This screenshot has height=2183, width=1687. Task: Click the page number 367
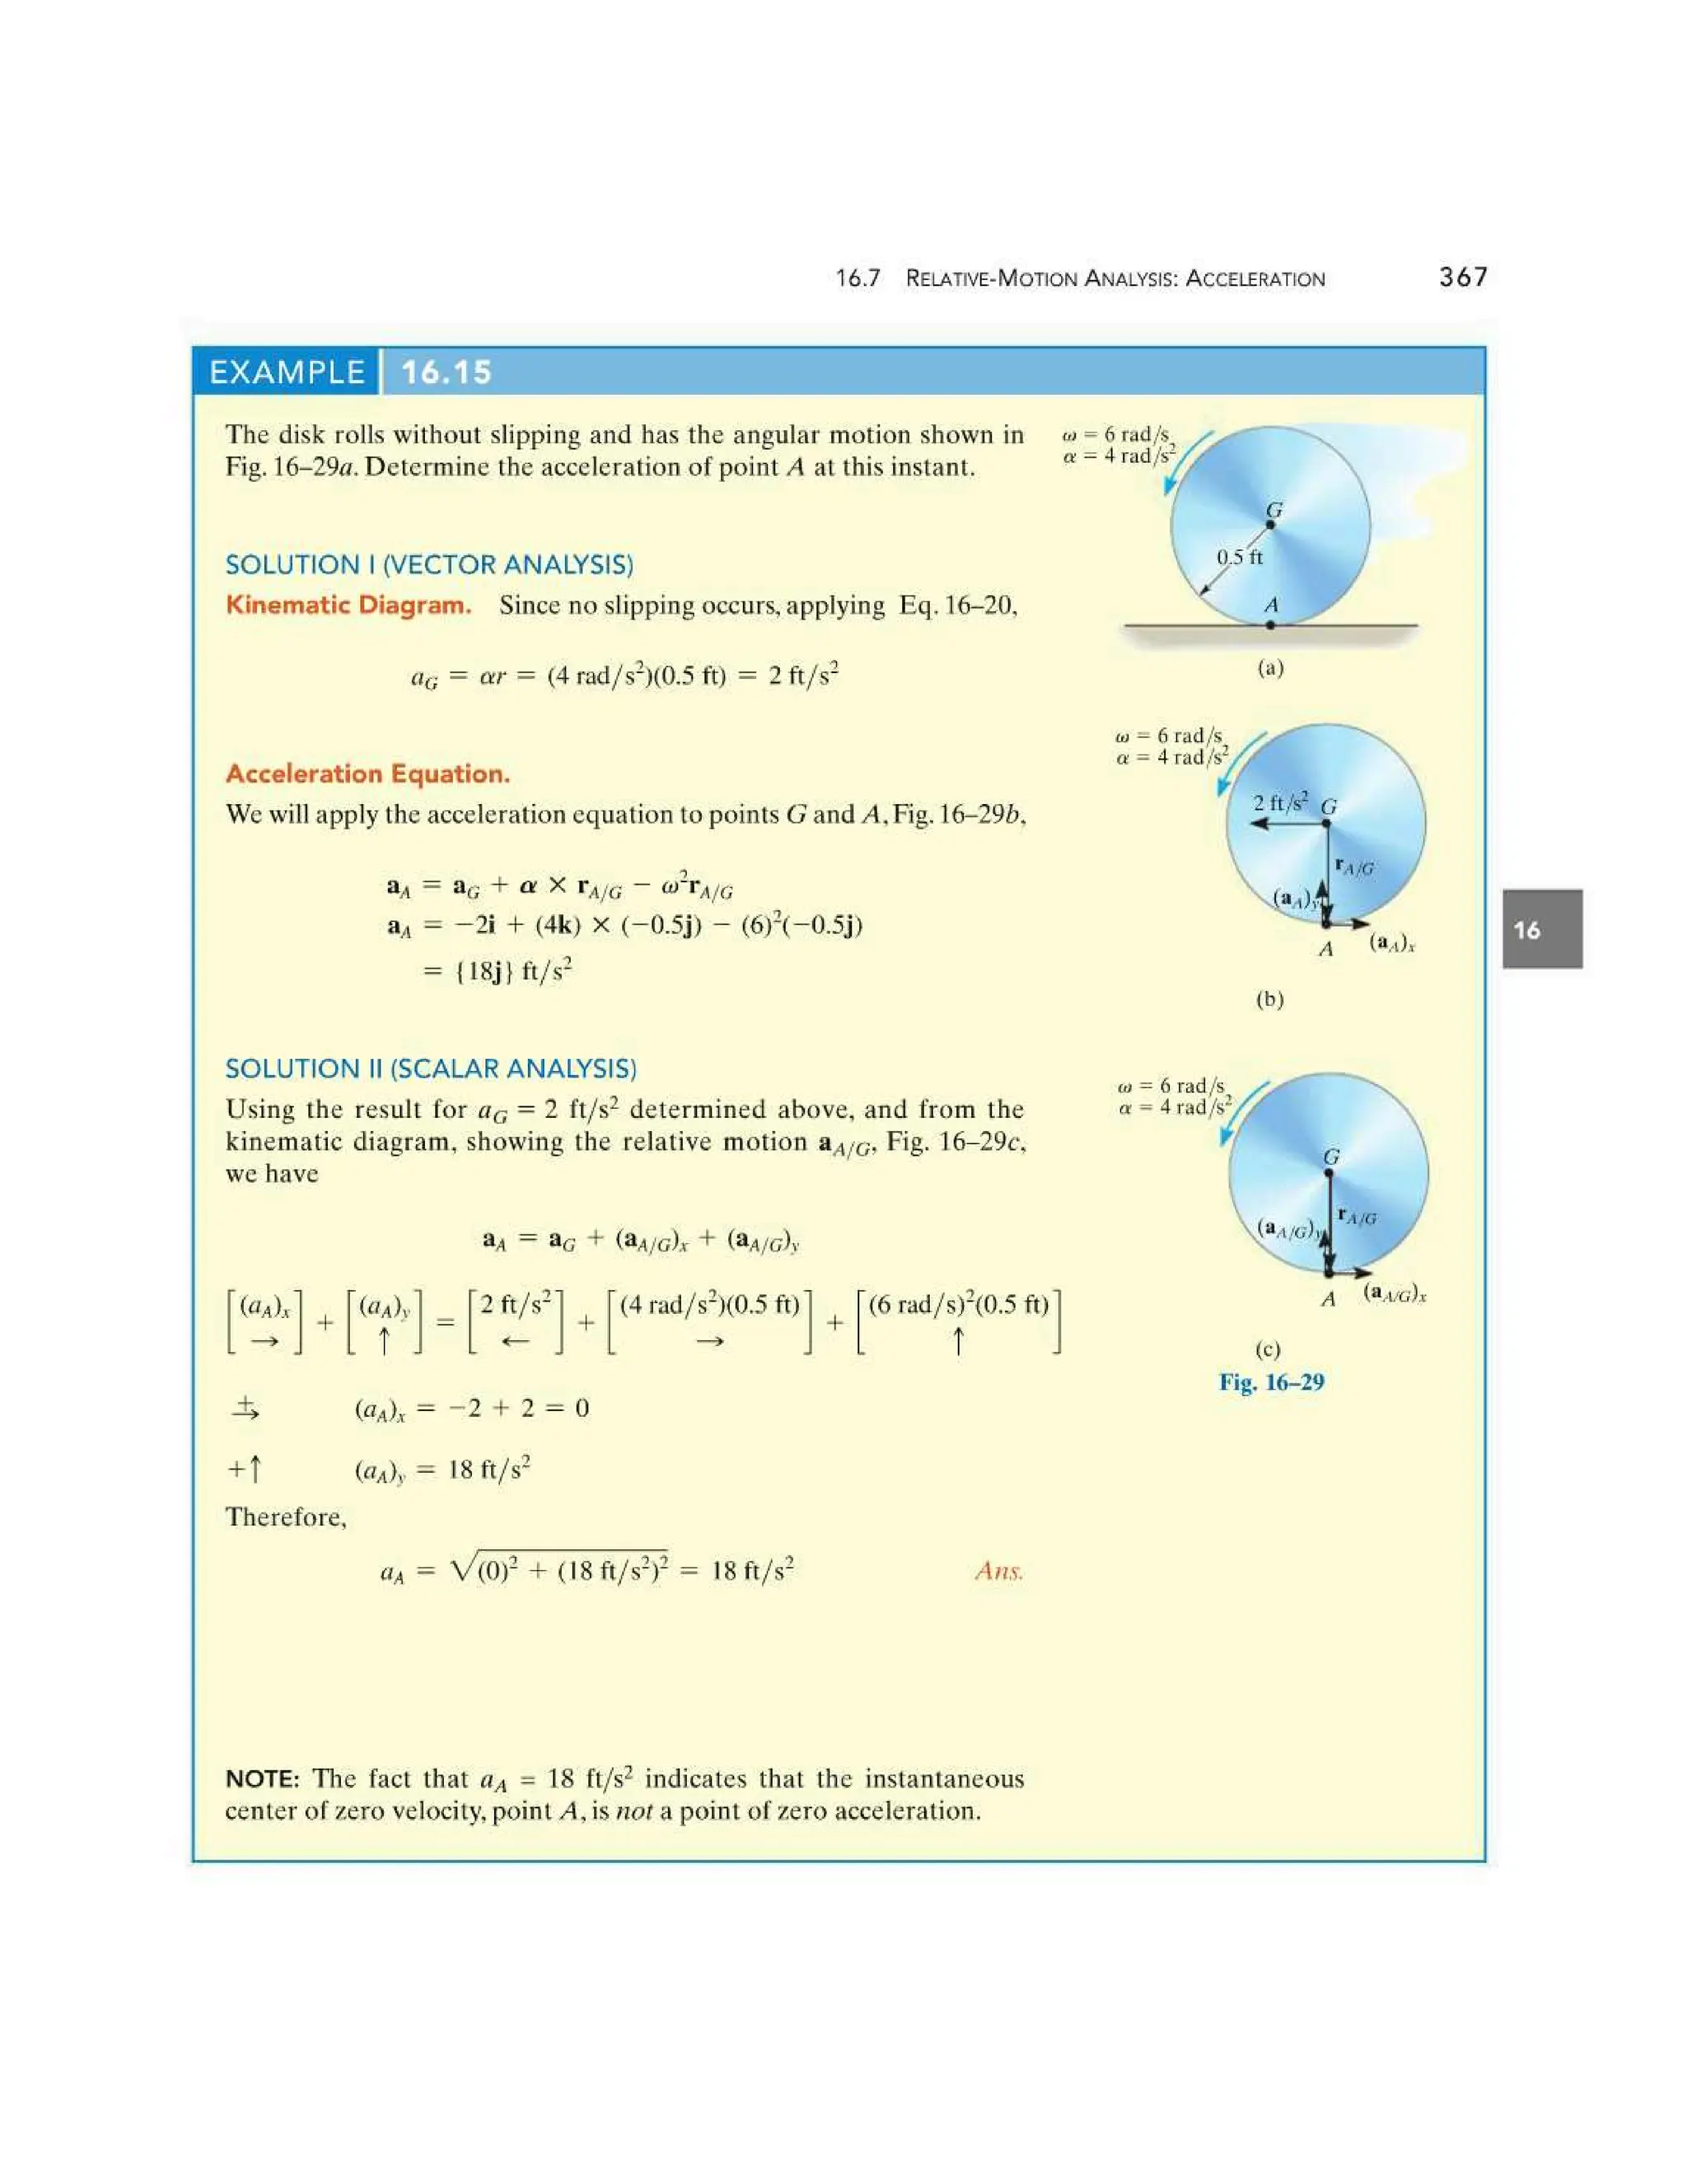click(1462, 277)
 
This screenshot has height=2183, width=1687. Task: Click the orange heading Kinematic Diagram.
click(348, 605)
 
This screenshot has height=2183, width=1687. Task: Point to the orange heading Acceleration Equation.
click(367, 774)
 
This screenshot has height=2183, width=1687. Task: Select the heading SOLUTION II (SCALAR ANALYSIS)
click(431, 1068)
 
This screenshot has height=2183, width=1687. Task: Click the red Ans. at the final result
click(998, 1571)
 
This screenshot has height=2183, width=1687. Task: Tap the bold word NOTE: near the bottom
click(262, 1779)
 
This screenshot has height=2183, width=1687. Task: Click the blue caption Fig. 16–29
click(1270, 1382)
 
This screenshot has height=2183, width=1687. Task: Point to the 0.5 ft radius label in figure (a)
click(1239, 557)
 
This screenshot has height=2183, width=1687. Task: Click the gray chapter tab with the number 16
click(1541, 929)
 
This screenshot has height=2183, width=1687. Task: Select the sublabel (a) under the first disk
click(1269, 668)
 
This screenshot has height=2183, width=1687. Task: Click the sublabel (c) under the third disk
click(1267, 1349)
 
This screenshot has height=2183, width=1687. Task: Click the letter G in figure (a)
click(1274, 510)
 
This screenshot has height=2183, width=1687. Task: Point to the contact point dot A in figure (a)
click(1270, 624)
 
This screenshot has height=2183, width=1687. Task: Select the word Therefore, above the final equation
click(286, 1517)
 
